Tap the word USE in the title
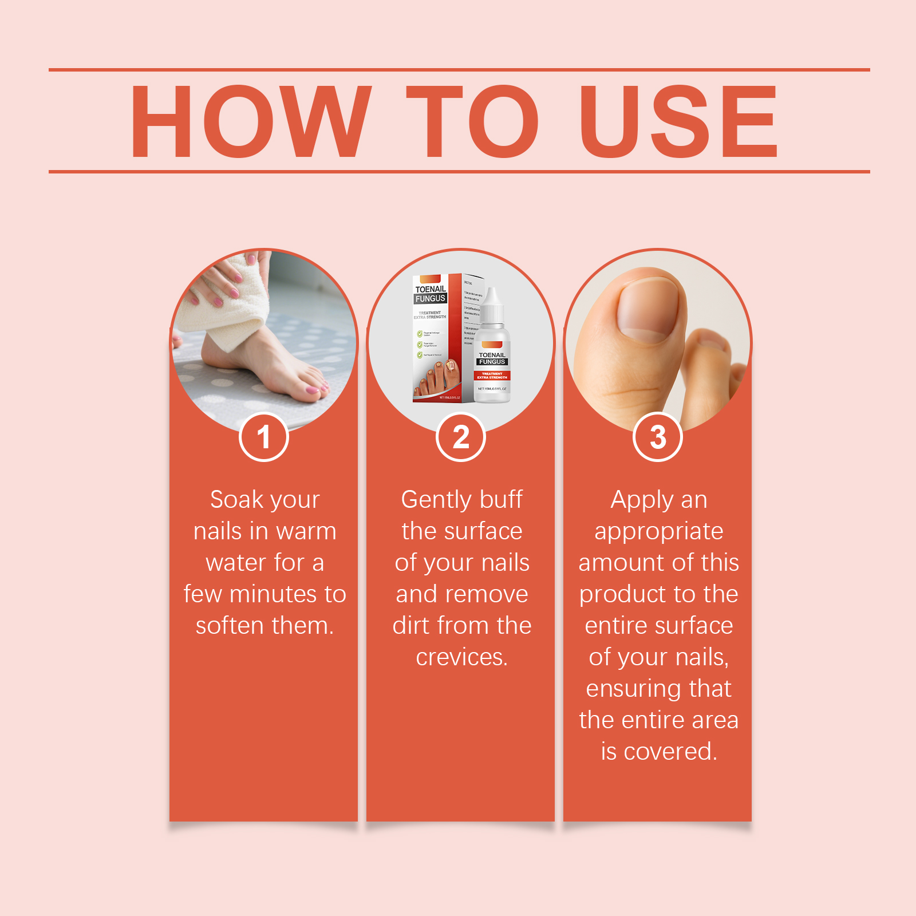678,121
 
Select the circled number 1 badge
263,437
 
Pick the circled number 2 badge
461,437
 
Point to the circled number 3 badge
658,437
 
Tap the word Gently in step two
435,500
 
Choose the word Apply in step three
642,500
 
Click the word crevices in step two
461,657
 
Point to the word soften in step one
231,626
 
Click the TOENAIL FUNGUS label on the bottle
492,358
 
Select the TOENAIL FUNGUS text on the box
431,294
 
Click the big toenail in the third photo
651,309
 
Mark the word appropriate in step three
658,532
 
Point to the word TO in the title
472,121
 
